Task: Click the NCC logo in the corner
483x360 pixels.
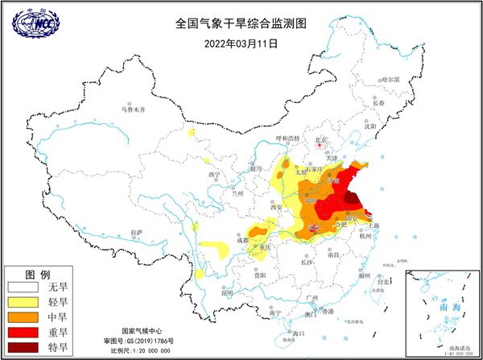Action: [x=35, y=23]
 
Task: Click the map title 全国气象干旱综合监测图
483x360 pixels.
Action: [x=242, y=23]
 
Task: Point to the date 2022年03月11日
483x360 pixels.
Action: [x=242, y=43]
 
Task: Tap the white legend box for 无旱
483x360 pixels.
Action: [x=24, y=287]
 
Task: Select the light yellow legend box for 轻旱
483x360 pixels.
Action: [x=24, y=303]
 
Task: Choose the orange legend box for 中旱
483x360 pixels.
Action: [x=24, y=318]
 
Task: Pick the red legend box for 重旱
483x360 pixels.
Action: [x=24, y=333]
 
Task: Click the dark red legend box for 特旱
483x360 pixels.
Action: [x=24, y=348]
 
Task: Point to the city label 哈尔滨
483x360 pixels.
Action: [x=390, y=80]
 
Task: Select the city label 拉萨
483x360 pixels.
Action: [x=138, y=232]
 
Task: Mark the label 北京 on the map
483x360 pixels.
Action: [x=324, y=140]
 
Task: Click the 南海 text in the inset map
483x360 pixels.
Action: [x=441, y=308]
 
